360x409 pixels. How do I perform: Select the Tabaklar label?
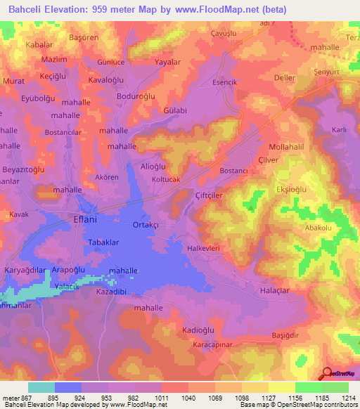(x=103, y=242)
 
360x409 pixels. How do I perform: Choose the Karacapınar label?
(x=216, y=345)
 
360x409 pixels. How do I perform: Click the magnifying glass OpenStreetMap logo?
(x=327, y=373)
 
